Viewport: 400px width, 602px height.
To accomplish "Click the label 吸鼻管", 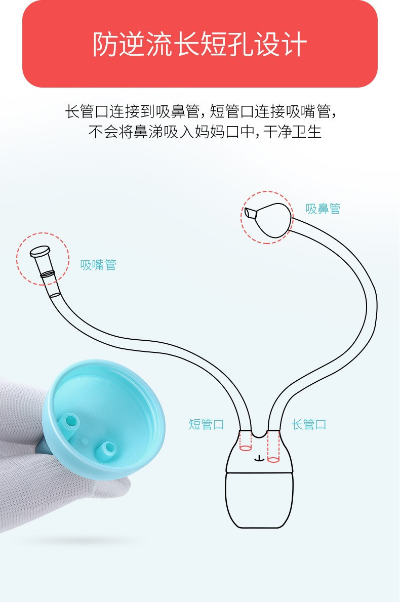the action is tap(323, 209).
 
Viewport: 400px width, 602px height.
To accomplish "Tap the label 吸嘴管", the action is tap(98, 265).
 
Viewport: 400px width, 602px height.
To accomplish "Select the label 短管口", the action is tap(206, 424).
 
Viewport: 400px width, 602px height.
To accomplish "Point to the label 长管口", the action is tap(309, 424).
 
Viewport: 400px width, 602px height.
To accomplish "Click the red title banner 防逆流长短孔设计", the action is tap(199, 44).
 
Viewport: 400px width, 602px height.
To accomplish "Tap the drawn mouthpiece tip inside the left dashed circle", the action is tap(40, 252).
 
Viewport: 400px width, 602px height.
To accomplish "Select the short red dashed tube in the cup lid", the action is tap(245, 441).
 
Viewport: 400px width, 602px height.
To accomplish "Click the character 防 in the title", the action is tap(105, 44).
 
